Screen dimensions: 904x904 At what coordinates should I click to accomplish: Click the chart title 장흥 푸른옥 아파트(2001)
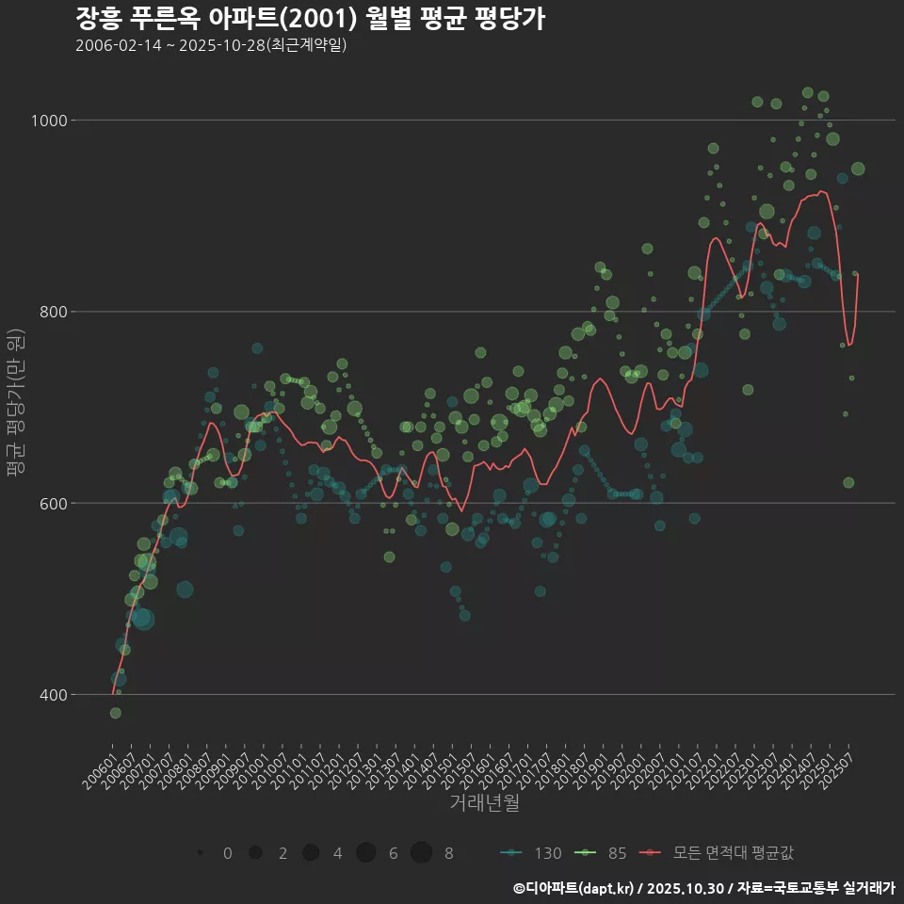tap(310, 19)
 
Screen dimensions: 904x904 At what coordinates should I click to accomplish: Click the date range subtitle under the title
tap(211, 45)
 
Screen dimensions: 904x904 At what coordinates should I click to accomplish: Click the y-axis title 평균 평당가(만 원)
tap(15, 405)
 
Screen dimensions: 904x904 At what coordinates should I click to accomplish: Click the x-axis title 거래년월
tap(484, 802)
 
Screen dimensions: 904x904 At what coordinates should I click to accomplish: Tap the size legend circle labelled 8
tap(421, 852)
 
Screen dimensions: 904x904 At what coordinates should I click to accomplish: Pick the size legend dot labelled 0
tap(201, 852)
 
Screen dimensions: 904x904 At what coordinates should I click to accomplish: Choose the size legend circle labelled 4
tap(311, 852)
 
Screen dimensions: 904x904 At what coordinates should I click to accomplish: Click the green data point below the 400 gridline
tap(115, 713)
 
